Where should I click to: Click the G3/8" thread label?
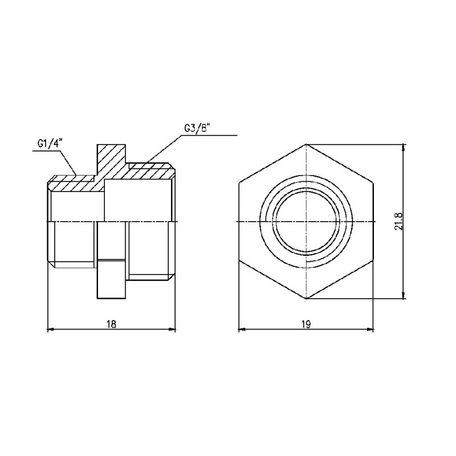point(197,129)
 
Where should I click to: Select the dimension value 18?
point(111,323)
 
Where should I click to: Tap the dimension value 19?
point(306,323)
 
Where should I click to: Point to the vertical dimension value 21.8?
point(398,221)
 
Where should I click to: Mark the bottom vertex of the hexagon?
point(306,299)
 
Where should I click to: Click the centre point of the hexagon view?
point(306,221)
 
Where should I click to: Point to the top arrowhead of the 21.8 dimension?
point(404,147)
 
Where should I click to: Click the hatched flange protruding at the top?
point(112,157)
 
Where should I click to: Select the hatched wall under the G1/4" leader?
point(74,182)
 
